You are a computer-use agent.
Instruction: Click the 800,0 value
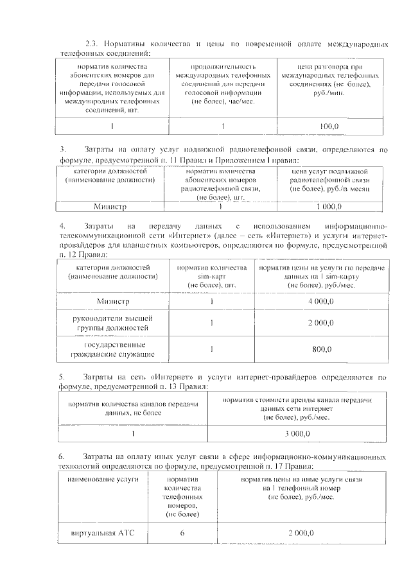pos(321,349)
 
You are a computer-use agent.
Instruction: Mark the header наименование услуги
pos(102,480)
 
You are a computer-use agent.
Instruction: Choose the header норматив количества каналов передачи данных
pos(134,408)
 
